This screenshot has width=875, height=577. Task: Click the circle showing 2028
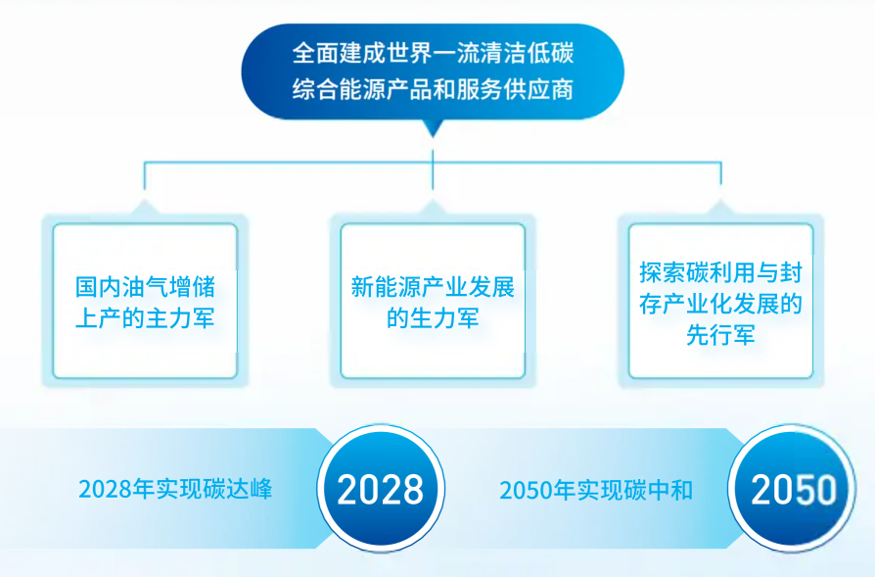point(381,489)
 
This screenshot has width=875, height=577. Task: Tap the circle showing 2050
point(792,489)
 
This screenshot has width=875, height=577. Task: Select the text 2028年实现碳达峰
point(175,489)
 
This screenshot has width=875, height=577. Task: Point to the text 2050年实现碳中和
point(596,490)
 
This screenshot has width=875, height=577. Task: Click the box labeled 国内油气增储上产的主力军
point(145,301)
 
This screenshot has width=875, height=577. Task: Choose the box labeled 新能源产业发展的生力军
point(433,301)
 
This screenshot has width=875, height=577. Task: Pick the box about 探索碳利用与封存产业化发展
point(721,301)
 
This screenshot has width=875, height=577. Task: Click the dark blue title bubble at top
point(433,72)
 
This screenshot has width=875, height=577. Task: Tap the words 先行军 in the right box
point(721,335)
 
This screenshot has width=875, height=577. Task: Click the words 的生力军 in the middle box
point(433,319)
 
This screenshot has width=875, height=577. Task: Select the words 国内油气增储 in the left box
point(145,287)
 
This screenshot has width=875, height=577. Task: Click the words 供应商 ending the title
point(538,90)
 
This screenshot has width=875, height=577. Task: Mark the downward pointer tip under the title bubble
point(433,137)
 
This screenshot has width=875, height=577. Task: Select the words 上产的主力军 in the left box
point(145,319)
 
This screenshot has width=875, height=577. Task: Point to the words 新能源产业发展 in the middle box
point(433,287)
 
